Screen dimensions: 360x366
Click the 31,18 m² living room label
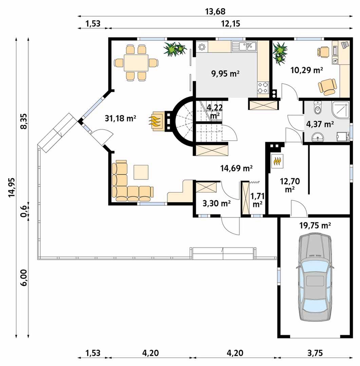120,119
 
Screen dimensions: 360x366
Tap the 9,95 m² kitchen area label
225,74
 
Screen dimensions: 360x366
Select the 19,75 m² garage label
315,225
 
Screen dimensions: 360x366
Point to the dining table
136,63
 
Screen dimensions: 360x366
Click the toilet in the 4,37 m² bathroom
318,107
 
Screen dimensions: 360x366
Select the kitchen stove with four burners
263,88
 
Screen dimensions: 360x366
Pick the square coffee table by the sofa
141,172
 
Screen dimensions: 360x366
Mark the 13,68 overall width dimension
215,11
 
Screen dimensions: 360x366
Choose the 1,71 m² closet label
258,200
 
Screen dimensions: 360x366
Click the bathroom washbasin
318,137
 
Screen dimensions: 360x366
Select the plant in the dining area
175,49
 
